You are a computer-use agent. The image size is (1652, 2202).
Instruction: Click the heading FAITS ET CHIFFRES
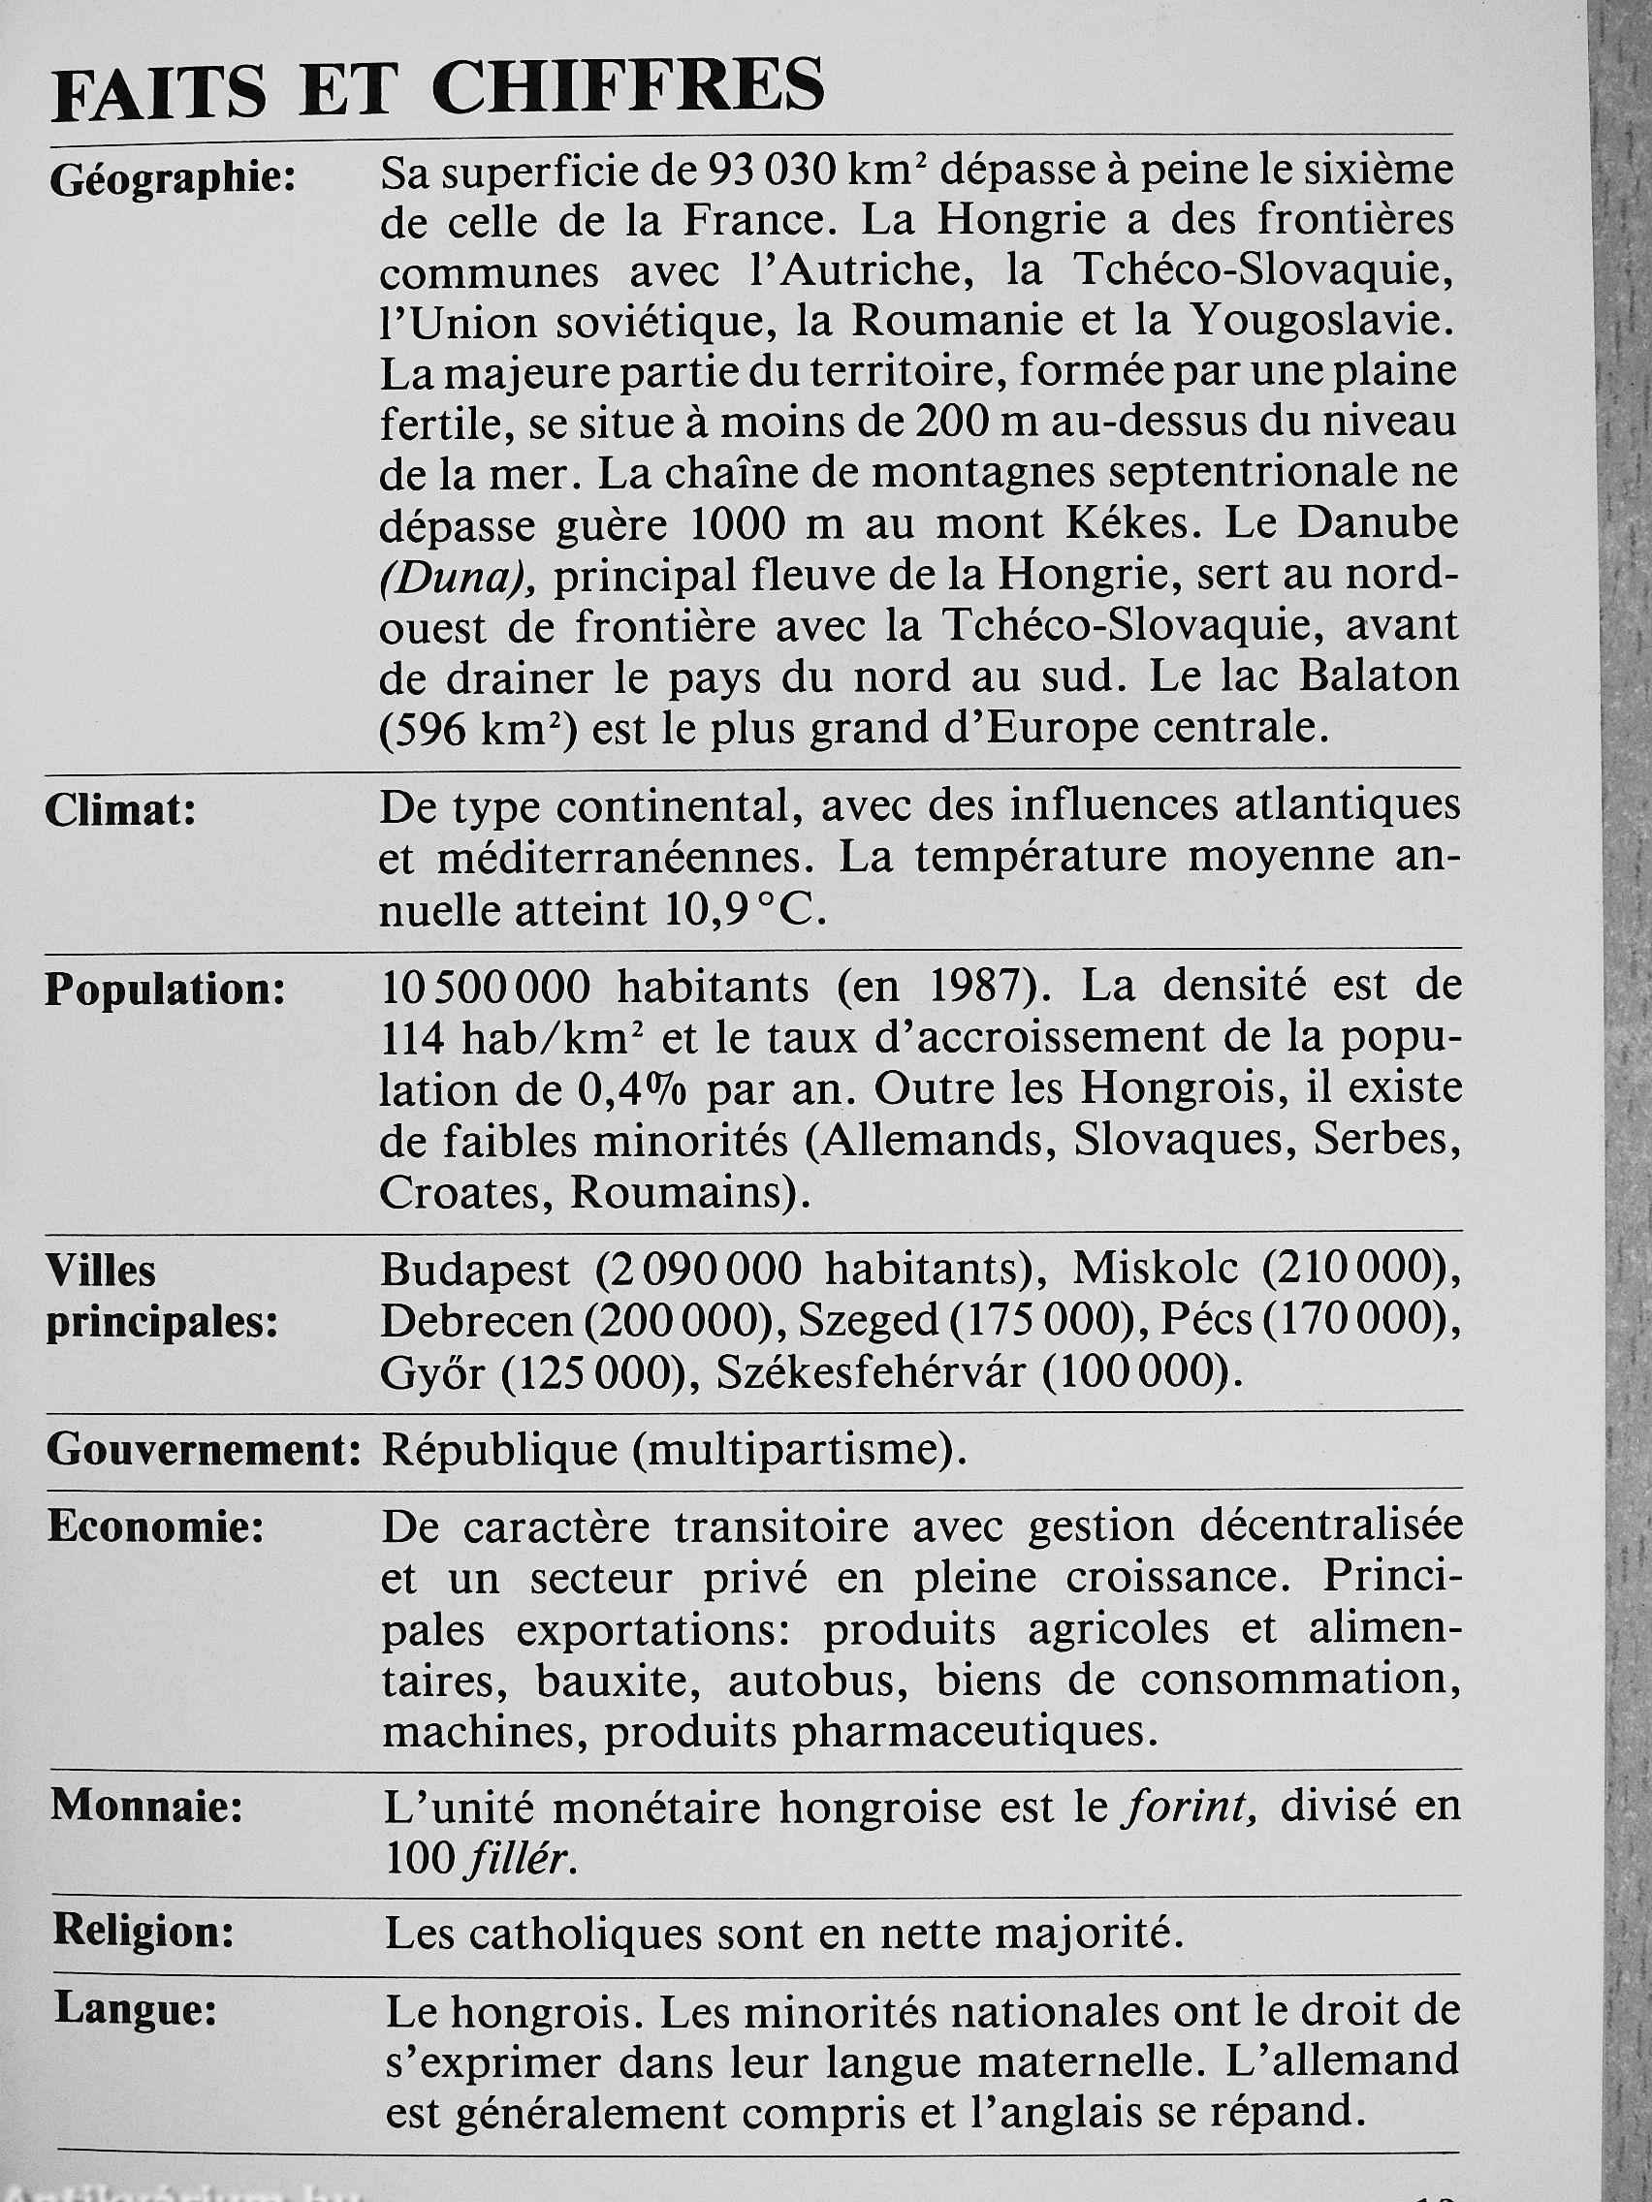tap(438, 91)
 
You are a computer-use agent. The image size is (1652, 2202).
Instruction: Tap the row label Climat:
tap(120, 810)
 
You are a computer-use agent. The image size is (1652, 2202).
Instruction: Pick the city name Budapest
tap(476, 1270)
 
